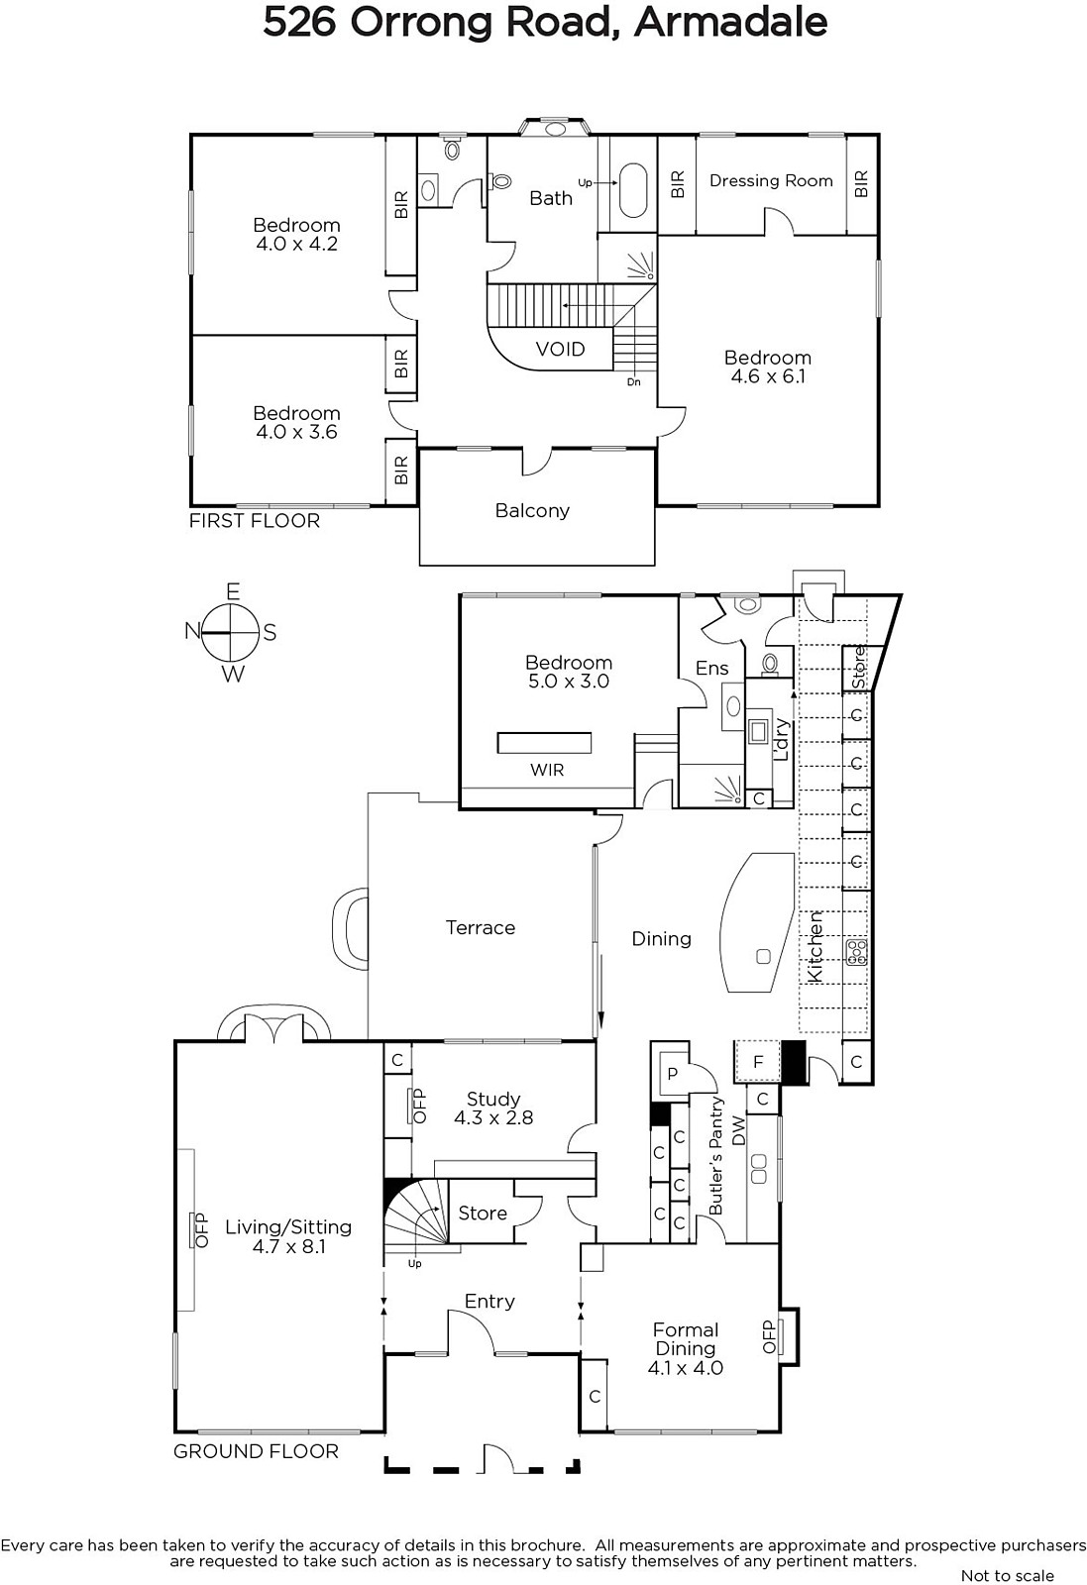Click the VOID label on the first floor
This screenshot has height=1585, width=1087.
coord(561,349)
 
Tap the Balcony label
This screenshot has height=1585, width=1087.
coord(532,510)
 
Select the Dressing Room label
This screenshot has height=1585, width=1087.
coord(771,181)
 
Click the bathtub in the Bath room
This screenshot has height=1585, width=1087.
coord(633,191)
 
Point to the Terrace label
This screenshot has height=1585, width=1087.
coord(481,927)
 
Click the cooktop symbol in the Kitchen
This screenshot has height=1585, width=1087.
coord(856,952)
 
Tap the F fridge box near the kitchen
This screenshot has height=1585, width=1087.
coord(758,1061)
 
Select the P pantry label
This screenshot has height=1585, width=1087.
coord(672,1074)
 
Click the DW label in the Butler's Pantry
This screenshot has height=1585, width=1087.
coord(738,1130)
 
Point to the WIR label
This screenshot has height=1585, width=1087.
coord(547,770)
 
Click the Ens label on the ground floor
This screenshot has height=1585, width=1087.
coord(711,668)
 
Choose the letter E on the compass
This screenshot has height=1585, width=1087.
coord(232,591)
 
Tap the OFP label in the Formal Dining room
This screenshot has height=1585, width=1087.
coord(769,1336)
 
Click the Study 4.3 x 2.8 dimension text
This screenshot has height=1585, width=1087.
coord(493,1118)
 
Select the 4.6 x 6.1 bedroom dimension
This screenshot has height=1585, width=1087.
coord(768,376)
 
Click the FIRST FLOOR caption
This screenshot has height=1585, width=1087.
coord(255,521)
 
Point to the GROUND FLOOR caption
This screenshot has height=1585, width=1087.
coord(257,1451)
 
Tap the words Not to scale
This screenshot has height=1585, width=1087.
coord(1008,1576)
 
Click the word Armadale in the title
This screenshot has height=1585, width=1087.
coord(731,23)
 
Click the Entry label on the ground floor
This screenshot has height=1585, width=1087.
coord(489,1302)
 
